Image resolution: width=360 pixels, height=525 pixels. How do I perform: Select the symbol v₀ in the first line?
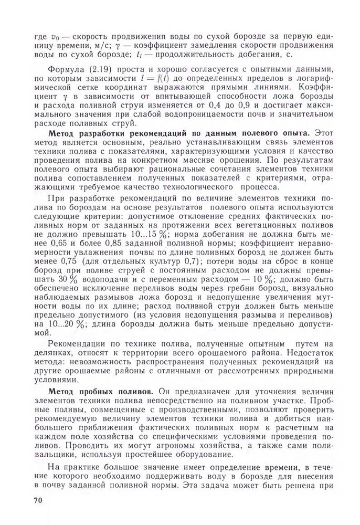tap(57, 37)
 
